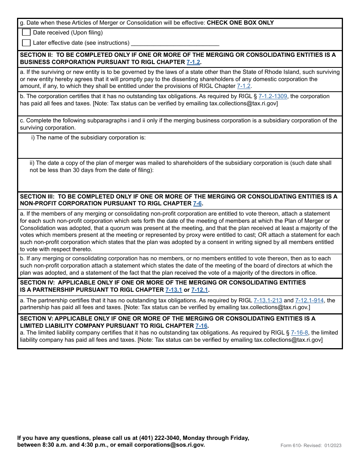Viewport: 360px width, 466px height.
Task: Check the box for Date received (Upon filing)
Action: tap(26, 33)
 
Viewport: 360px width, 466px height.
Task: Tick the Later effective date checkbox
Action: tap(26, 43)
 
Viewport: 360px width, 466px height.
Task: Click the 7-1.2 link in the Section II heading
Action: tap(193, 62)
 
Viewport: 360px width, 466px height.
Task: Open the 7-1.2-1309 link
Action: tap(273, 96)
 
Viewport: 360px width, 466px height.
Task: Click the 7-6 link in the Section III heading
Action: tap(197, 203)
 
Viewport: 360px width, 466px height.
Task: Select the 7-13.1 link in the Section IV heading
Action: tap(174, 290)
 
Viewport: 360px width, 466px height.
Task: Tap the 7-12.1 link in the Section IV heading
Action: tap(199, 290)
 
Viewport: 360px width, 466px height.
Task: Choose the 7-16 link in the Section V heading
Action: tap(201, 326)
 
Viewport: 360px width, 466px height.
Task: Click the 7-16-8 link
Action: tap(299, 333)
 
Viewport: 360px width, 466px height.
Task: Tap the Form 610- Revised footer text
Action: tap(311, 446)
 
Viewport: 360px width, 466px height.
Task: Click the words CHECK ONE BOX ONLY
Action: tap(240, 23)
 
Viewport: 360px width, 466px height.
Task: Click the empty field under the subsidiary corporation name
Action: tap(180, 150)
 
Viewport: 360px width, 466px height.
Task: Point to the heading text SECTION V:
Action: tap(36, 319)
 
